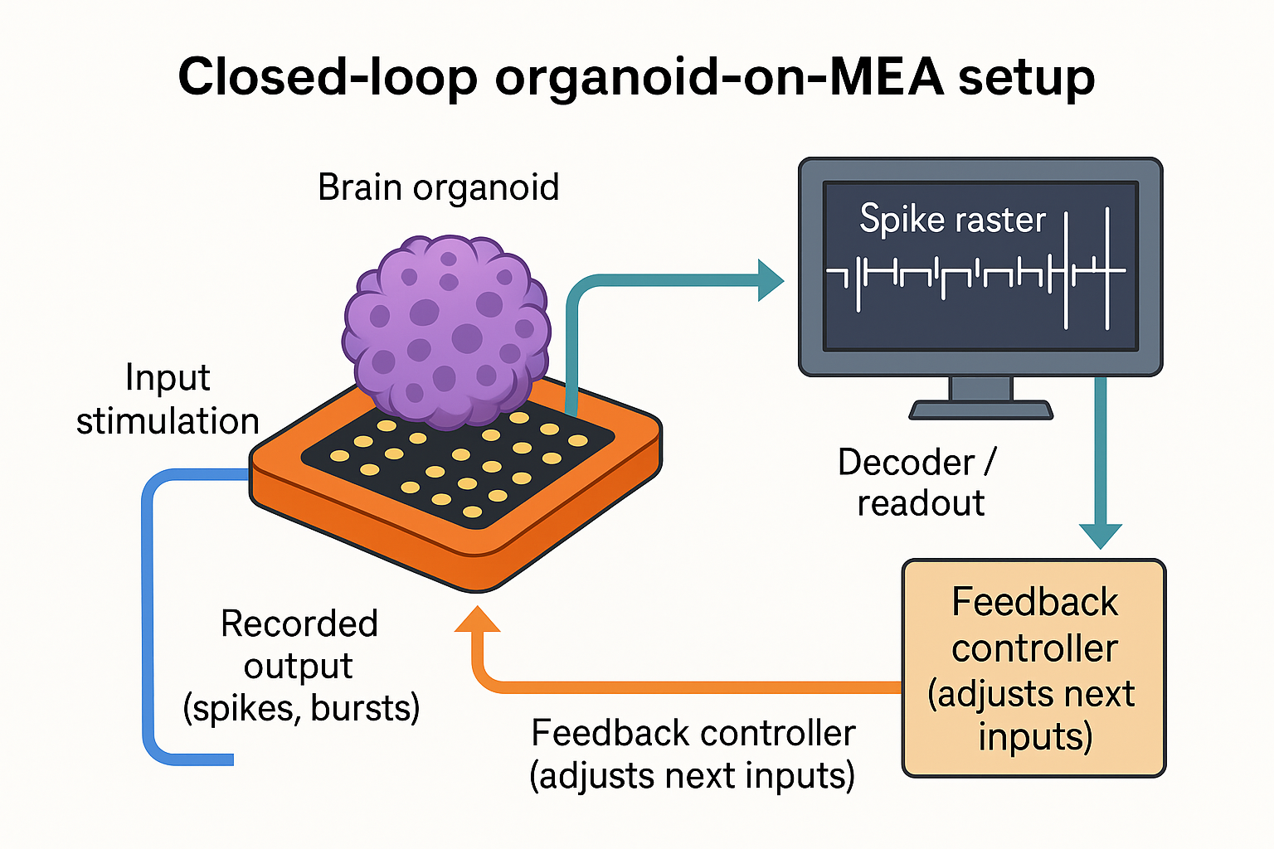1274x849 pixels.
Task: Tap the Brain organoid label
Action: (x=438, y=187)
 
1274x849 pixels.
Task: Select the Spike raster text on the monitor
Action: (x=952, y=220)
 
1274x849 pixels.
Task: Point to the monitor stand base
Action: (x=980, y=410)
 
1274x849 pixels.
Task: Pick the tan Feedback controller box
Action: (x=1033, y=668)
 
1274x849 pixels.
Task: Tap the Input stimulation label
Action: (x=168, y=400)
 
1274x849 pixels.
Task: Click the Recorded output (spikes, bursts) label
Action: (x=300, y=666)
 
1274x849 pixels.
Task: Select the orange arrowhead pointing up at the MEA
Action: (x=478, y=620)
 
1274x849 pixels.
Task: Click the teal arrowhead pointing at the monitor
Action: (x=770, y=279)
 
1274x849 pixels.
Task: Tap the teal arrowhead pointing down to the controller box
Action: (x=1101, y=535)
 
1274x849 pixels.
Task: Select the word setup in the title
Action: (x=1026, y=77)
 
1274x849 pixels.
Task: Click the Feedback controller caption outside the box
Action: (x=693, y=754)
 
